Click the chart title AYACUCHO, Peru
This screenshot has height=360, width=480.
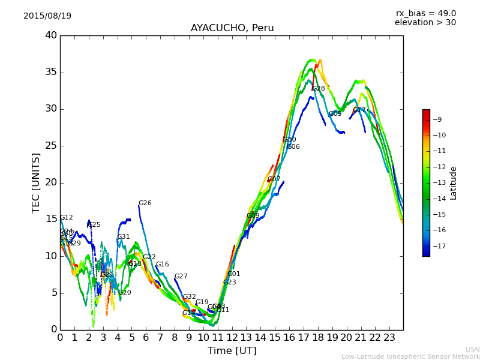pos(232,28)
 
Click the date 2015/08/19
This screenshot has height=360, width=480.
pos(47,16)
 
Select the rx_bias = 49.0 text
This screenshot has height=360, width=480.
pos(425,13)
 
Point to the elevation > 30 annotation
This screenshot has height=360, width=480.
pos(425,23)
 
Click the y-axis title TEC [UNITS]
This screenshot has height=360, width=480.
pos(36,182)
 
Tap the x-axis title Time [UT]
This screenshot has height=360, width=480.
pos(232,350)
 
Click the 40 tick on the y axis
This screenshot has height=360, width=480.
pos(51,35)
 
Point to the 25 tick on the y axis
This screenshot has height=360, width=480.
pos(51,146)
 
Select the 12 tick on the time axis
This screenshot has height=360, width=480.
pos(232,337)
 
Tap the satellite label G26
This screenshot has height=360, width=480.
pos(145,203)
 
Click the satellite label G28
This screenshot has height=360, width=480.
pos(318,89)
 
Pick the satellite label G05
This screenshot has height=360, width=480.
pos(335,114)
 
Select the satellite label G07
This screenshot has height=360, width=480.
pos(274,179)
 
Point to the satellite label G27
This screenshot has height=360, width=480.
pos(181,277)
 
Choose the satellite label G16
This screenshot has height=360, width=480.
pos(162,265)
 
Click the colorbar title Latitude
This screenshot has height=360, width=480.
pos(454,182)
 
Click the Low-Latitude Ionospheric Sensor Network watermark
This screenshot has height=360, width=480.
pos(410,356)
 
